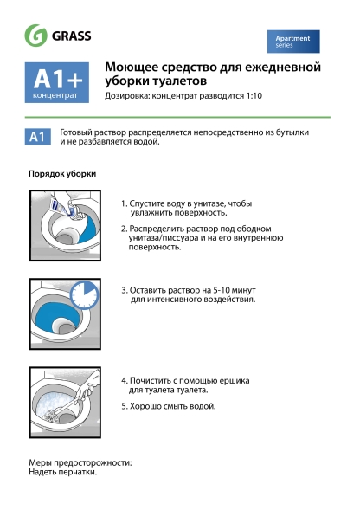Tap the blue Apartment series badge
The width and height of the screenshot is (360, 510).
[x=292, y=42]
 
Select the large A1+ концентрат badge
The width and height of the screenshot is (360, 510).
[x=59, y=83]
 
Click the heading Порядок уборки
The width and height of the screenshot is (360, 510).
[x=62, y=174]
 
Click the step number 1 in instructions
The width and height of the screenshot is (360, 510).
[x=123, y=203]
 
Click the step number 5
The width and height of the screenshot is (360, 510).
[x=124, y=405]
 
